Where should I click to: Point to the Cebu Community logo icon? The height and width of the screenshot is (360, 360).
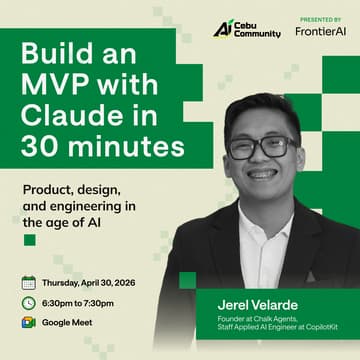pos(222,28)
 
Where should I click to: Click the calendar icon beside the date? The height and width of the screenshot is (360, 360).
pos(28,283)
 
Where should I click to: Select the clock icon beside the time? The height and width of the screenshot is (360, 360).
pos(28,303)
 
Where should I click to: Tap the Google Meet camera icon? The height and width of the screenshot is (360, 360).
pos(28,322)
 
